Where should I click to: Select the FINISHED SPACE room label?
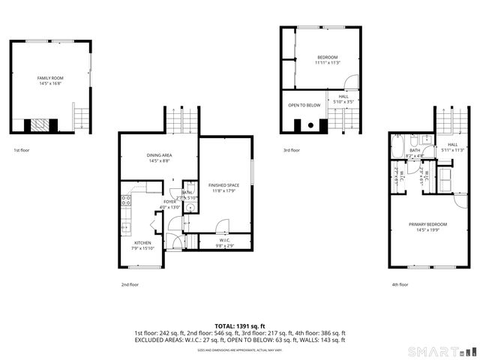pos(223,184)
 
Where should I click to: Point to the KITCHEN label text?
pos(142,243)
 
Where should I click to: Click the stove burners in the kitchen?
pos(126,200)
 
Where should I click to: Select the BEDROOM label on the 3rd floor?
pos(327,58)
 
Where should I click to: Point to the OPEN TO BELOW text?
pos(304,105)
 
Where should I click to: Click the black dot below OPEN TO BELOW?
pos(309,125)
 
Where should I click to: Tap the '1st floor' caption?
pos(21,150)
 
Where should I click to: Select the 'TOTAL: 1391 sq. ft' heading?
pos(239,325)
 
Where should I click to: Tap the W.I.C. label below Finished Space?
pos(225,241)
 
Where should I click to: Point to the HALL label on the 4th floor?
pos(452,145)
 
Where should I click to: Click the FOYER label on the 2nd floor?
pos(169,202)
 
